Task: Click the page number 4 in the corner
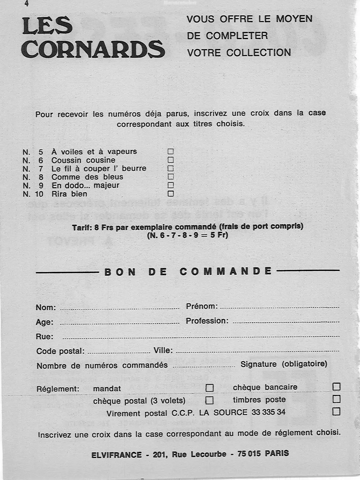tap(27, 4)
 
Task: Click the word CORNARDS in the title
tap(93, 49)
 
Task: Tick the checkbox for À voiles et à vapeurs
tap(170, 151)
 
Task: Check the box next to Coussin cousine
tap(170, 160)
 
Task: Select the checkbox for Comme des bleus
tap(170, 177)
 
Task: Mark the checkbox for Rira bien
tap(170, 194)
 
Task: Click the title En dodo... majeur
tap(85, 185)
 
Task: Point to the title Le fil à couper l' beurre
tap(99, 169)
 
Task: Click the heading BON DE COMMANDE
tap(188, 271)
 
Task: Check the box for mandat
tap(210, 388)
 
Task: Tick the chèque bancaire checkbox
tap(336, 387)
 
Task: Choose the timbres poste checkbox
tap(336, 399)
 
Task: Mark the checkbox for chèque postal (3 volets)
tap(210, 400)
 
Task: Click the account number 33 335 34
tap(268, 412)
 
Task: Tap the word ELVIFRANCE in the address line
tap(116, 455)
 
